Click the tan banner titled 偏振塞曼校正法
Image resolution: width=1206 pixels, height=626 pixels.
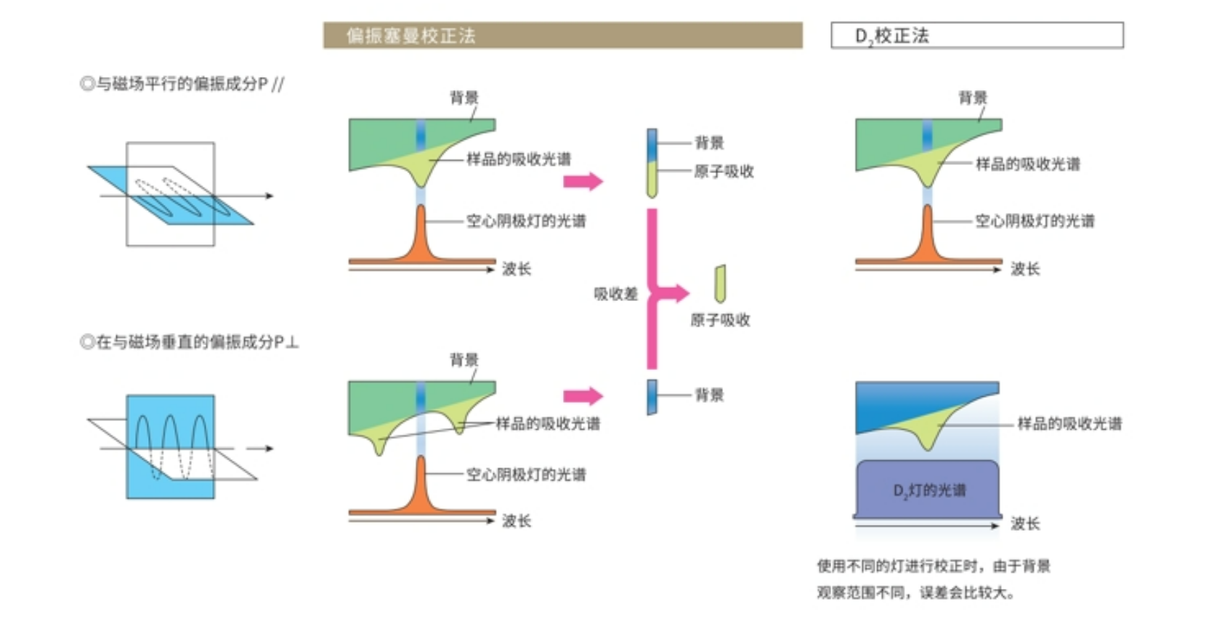click(562, 36)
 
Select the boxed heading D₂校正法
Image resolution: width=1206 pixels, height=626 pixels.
click(976, 36)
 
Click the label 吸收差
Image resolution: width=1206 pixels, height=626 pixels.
click(615, 294)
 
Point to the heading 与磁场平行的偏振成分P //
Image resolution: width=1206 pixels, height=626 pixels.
click(182, 84)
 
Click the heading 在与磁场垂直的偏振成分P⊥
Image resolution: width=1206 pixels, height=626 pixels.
click(189, 342)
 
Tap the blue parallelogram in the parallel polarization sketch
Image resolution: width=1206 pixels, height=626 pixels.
click(170, 195)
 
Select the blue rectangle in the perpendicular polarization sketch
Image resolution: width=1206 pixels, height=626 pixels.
click(170, 446)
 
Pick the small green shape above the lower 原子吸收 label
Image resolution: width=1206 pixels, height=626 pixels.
click(720, 284)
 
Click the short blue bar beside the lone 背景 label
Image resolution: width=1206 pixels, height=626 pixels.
click(652, 397)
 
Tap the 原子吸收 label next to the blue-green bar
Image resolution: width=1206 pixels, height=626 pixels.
click(724, 172)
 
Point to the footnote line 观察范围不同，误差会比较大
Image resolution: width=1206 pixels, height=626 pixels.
click(916, 593)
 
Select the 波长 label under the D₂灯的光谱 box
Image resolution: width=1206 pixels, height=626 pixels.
click(1025, 523)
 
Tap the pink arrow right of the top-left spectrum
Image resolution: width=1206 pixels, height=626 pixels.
click(583, 181)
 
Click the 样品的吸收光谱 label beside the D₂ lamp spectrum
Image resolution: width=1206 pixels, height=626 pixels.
click(1070, 423)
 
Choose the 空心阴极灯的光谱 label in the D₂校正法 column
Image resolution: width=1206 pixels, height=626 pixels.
click(1035, 221)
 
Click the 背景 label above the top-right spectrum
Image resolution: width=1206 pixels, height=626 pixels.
click(973, 97)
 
